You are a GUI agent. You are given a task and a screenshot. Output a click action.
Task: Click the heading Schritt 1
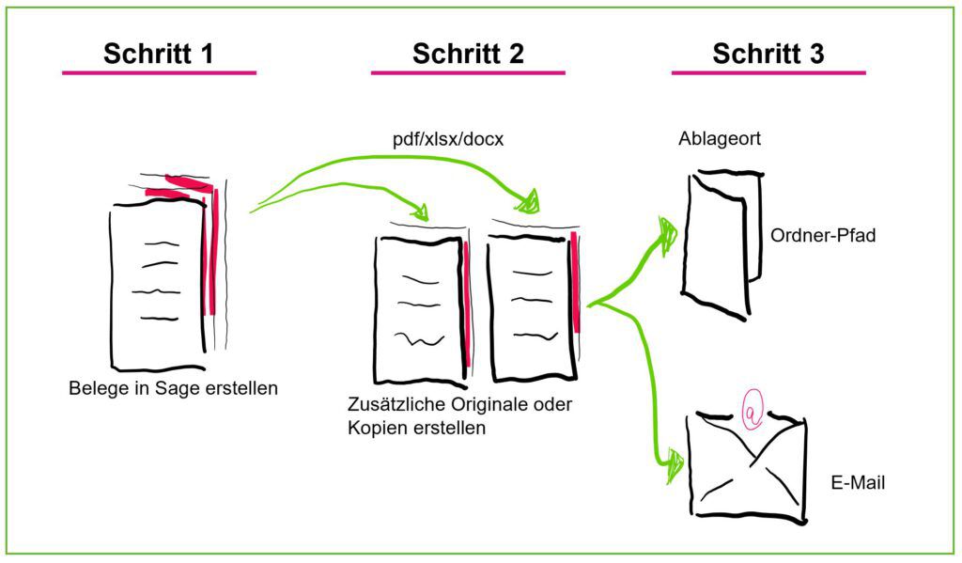pos(158,54)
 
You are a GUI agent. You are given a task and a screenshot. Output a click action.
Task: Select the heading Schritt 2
pos(468,54)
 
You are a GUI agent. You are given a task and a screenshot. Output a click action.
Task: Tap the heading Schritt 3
pos(768,54)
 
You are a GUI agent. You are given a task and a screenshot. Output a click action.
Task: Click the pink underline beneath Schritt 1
pos(158,72)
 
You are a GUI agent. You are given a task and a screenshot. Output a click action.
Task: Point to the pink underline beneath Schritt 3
pos(768,72)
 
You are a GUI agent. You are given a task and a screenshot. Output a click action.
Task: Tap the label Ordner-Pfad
pos(822,235)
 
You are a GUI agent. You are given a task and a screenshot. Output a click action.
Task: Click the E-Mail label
pos(858,483)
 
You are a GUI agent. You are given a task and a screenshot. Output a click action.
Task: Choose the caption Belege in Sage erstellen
pos(173,387)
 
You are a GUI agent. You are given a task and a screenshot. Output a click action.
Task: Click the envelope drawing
pos(746,466)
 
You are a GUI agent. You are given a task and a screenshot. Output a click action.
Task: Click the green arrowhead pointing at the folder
pos(668,236)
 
